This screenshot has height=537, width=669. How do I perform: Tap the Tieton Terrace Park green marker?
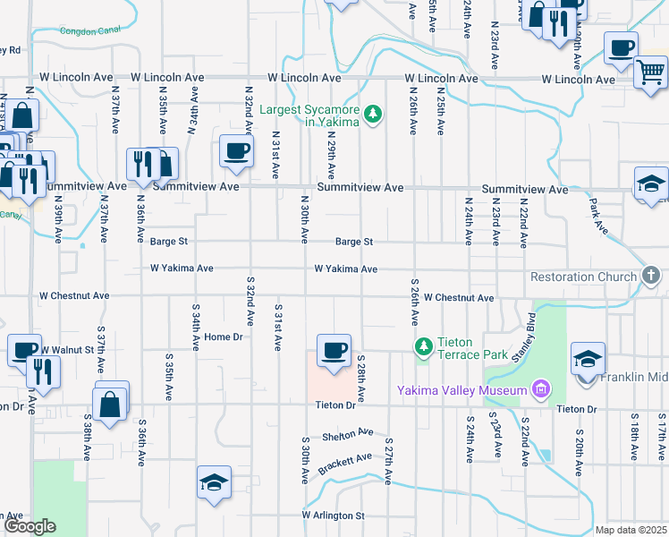[x=422, y=345]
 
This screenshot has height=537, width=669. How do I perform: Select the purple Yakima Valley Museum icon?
[x=539, y=389]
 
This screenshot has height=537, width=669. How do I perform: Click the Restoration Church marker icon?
[x=650, y=277]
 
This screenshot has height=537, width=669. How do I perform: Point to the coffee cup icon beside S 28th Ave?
[x=334, y=350]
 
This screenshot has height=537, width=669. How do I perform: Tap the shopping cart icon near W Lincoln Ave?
[x=650, y=71]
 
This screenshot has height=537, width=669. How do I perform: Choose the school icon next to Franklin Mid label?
[x=588, y=359]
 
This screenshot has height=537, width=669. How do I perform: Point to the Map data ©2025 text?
[x=630, y=530]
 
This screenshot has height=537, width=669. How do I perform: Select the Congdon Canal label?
[x=89, y=31]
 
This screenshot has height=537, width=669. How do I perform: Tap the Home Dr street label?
[x=224, y=337]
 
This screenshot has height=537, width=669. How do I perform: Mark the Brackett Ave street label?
[x=344, y=462]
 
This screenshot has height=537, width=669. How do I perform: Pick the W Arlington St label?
[x=333, y=516]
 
